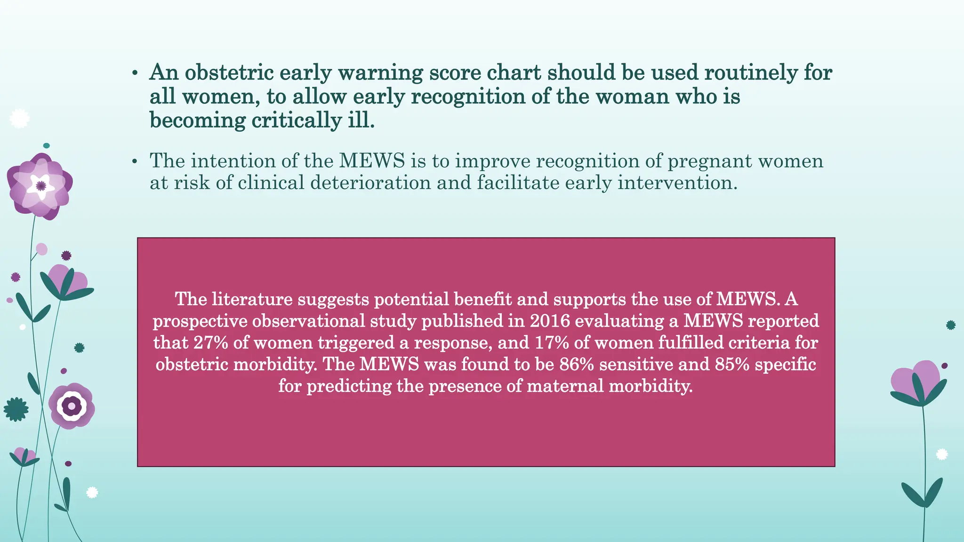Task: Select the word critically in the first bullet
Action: (x=296, y=120)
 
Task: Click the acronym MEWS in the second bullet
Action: (x=372, y=161)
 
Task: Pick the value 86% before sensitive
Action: (x=577, y=364)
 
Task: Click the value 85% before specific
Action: (x=732, y=364)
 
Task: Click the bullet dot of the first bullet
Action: (x=135, y=73)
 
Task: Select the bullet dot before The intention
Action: (x=135, y=162)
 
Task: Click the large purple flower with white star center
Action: (x=40, y=186)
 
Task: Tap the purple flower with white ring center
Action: (x=72, y=406)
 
